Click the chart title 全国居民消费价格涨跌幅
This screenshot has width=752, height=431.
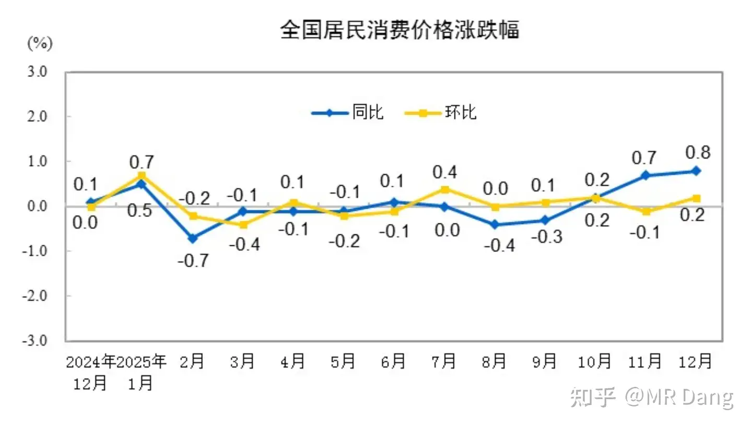coord(399,30)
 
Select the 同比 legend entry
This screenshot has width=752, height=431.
coord(348,112)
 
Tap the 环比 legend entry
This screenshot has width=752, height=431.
coord(441,112)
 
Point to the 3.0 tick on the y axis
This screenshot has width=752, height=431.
coord(37,72)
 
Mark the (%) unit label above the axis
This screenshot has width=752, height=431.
coord(40,43)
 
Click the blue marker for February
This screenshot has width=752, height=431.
coord(193,238)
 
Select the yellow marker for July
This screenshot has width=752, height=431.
coord(444,189)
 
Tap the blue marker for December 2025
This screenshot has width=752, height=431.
coord(696,171)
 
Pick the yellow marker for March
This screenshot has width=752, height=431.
coord(243,224)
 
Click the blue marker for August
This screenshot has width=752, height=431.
coord(495,225)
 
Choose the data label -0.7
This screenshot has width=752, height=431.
coord(193,260)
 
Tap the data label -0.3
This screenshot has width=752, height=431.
coord(547,236)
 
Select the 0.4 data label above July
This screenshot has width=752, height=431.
coord(444,172)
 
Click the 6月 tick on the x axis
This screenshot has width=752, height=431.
coord(394,361)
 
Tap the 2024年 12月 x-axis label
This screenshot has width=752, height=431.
coord(91,372)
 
